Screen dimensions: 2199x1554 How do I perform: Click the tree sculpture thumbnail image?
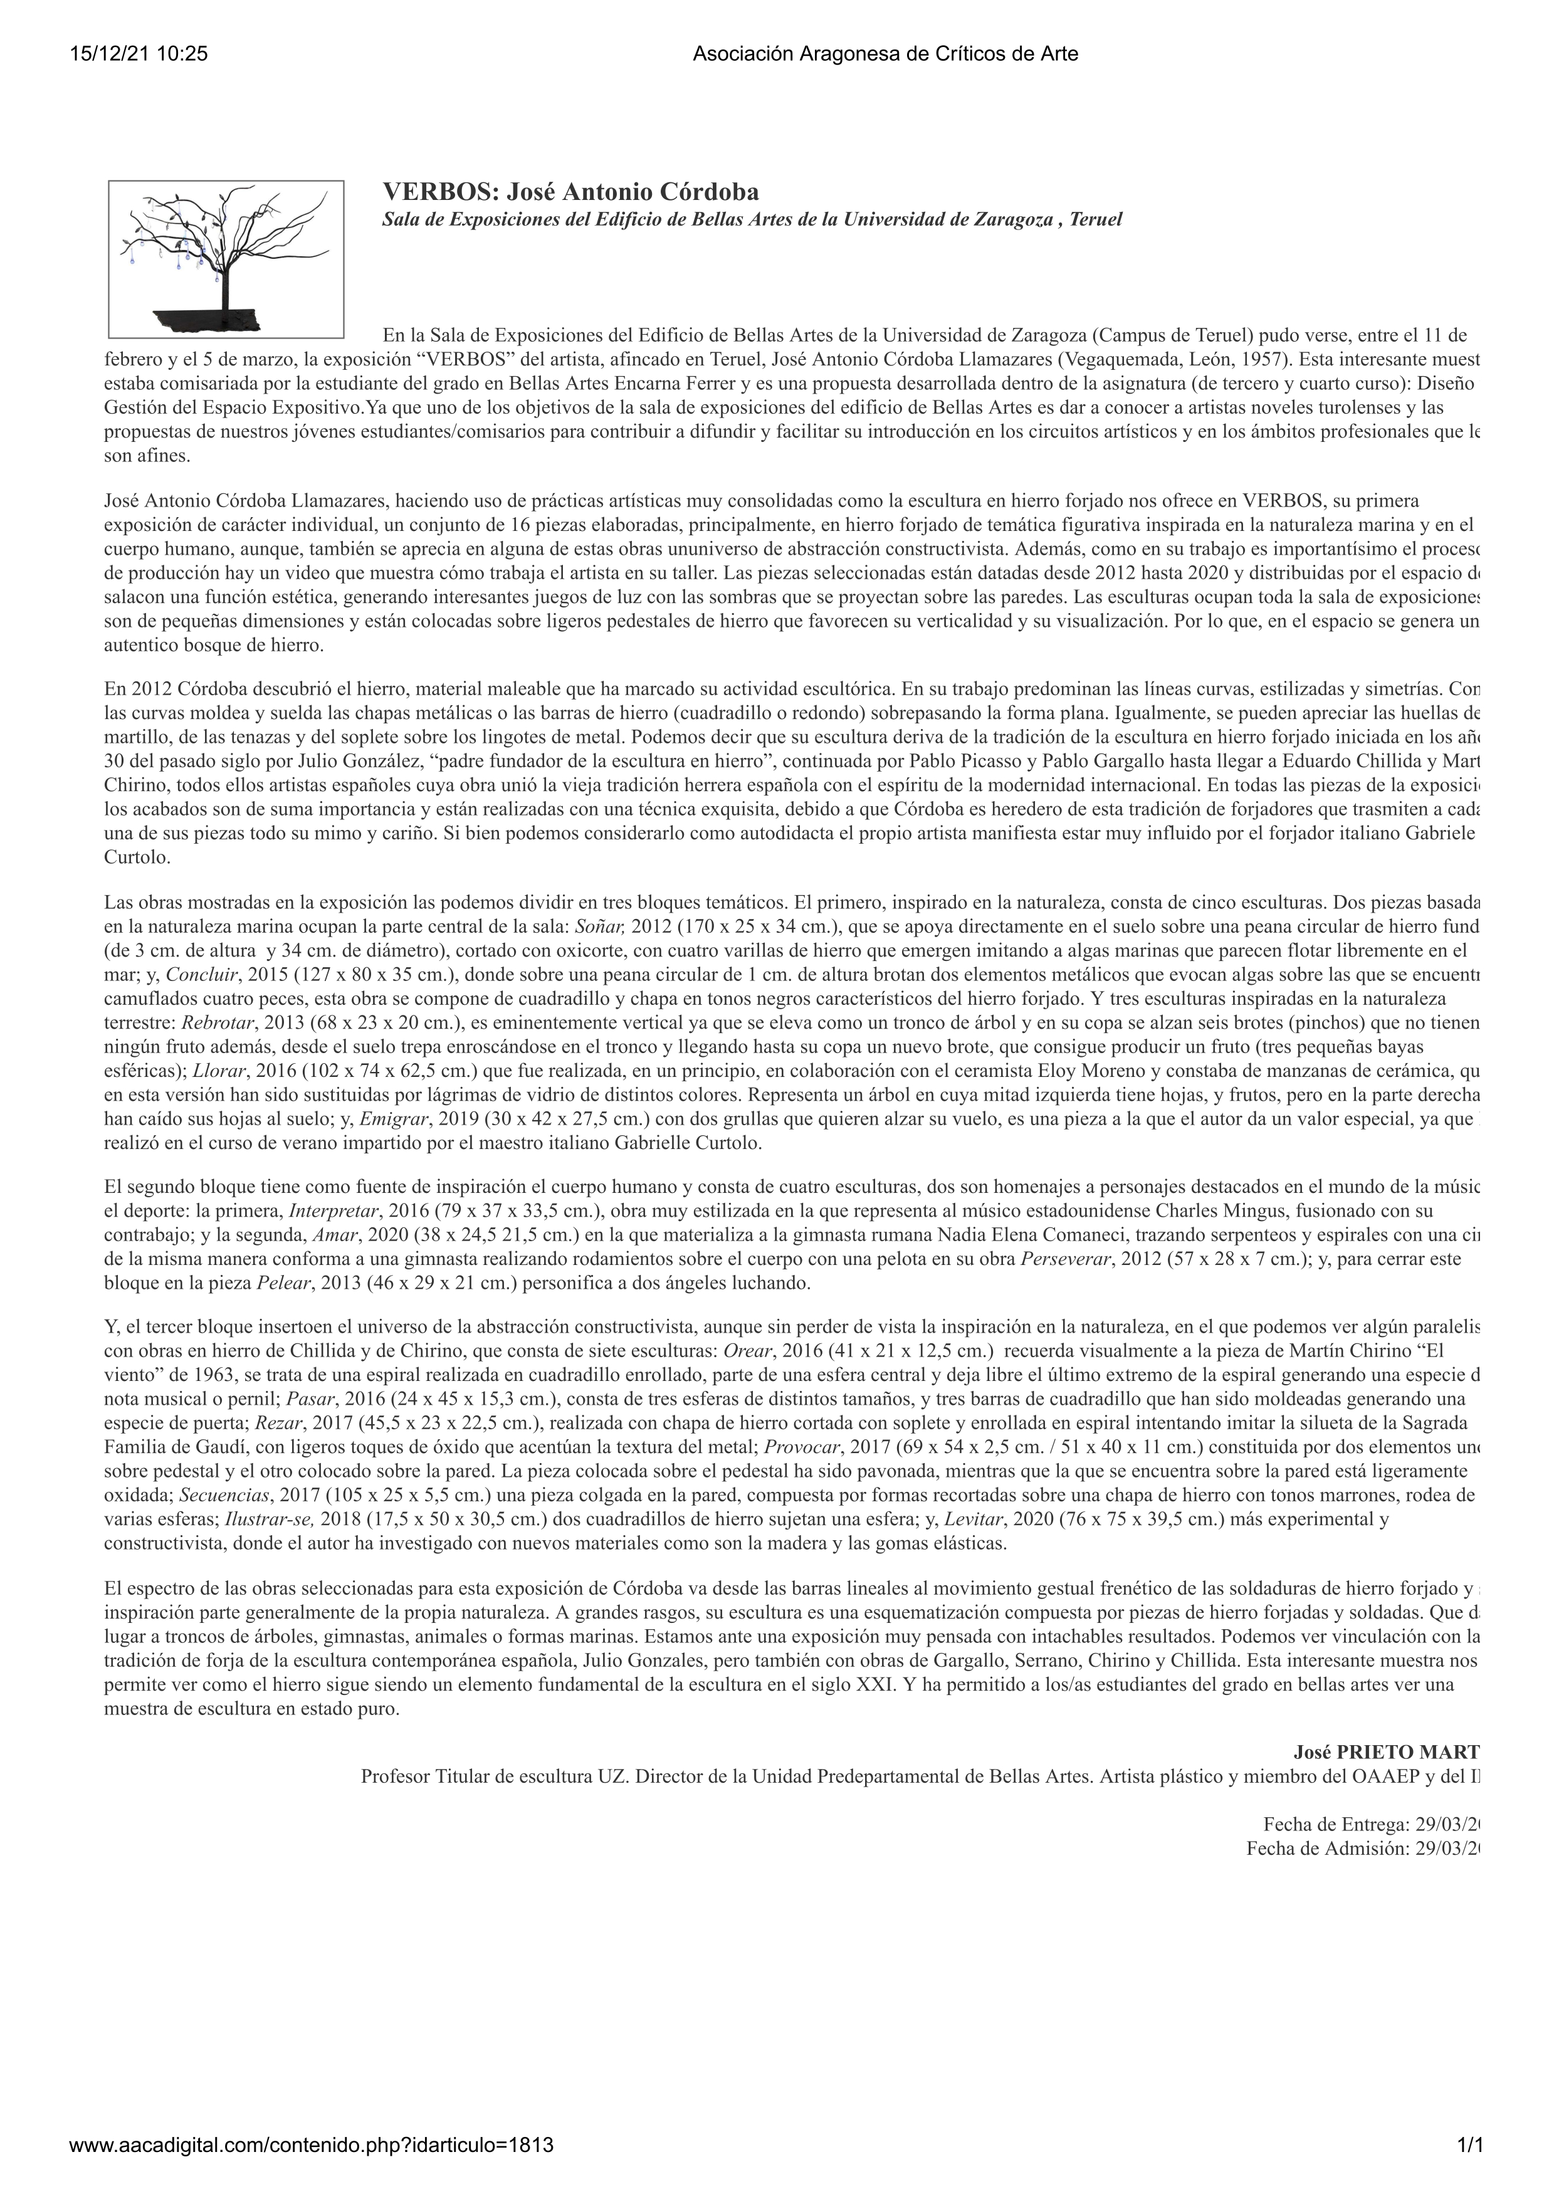point(226,259)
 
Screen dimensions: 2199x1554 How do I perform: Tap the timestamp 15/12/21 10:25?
point(139,55)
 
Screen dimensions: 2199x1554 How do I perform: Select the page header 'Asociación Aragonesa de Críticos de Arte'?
point(885,55)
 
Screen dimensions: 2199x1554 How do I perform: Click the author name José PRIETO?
point(1385,1753)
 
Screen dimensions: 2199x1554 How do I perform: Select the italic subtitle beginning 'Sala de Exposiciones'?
point(752,219)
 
